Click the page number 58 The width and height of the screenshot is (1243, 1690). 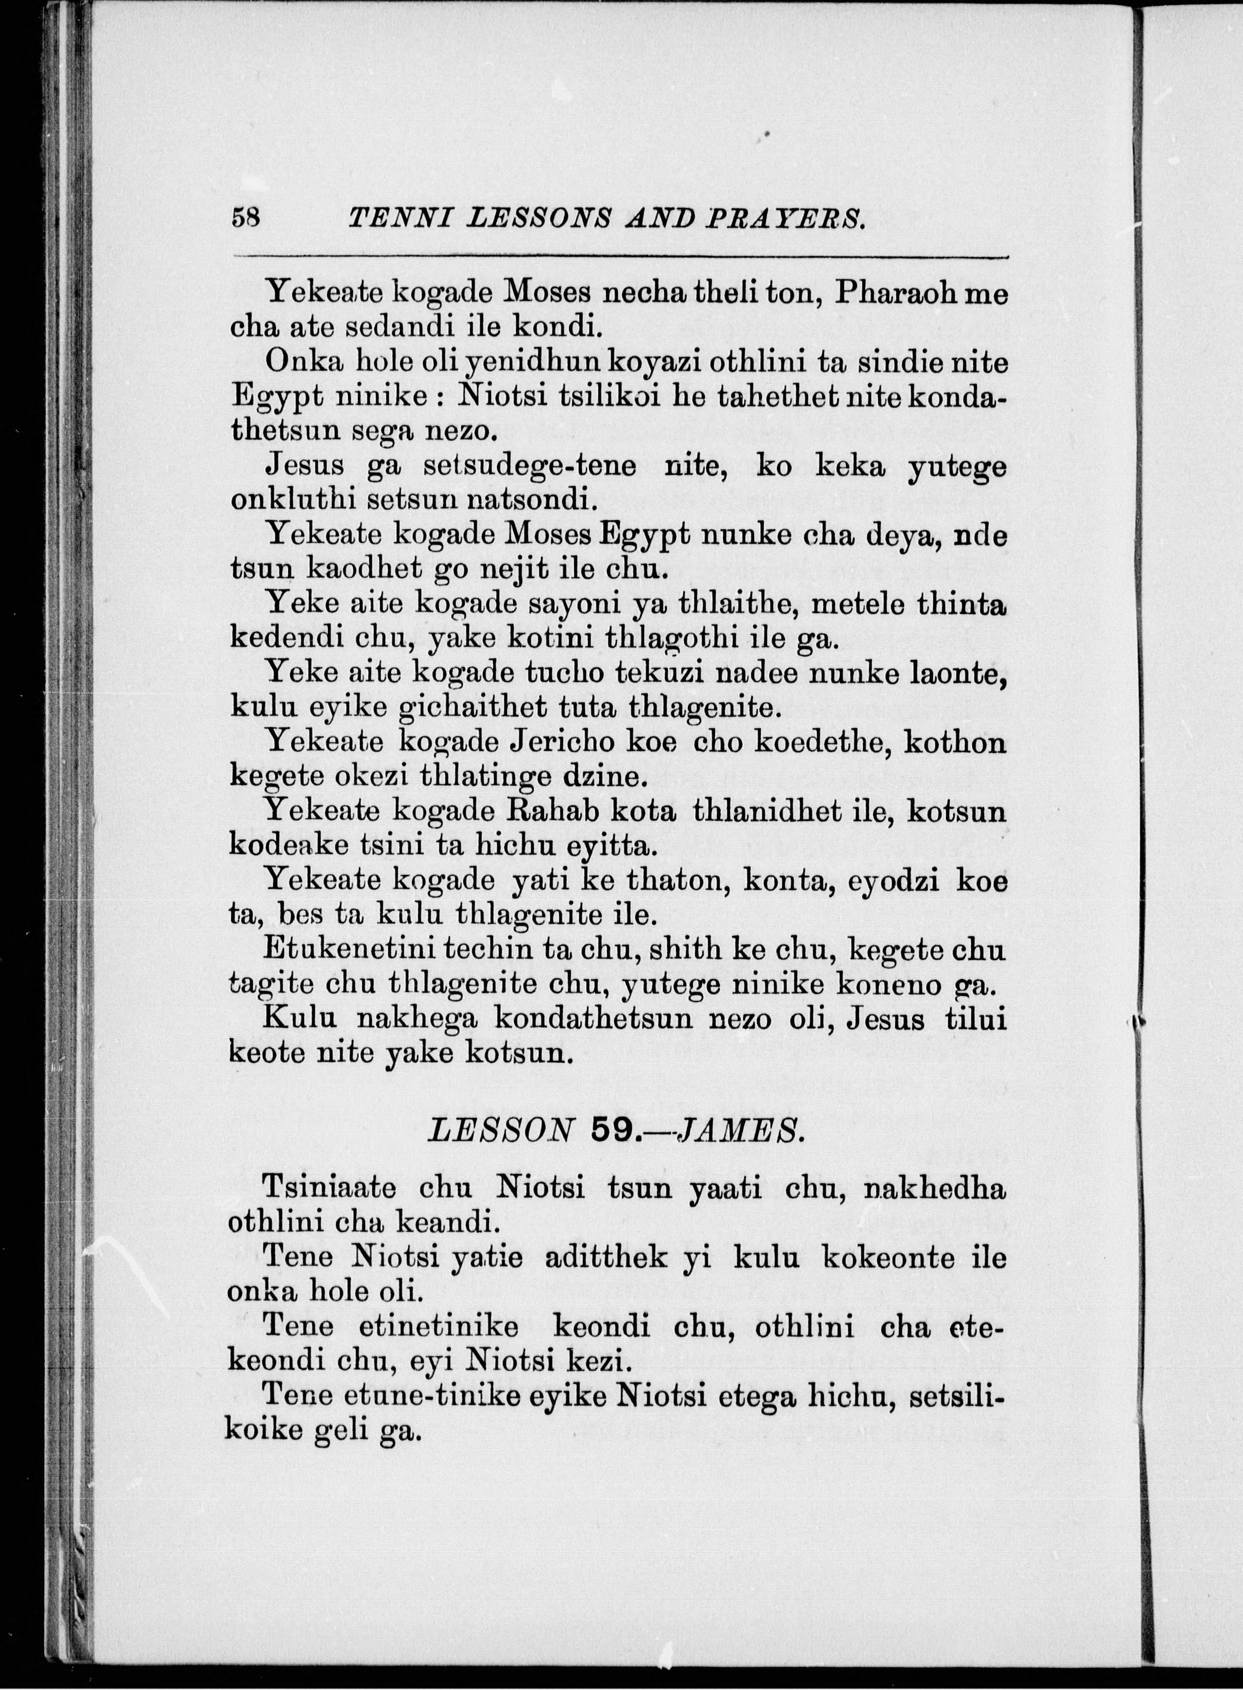pyautogui.click(x=246, y=218)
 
